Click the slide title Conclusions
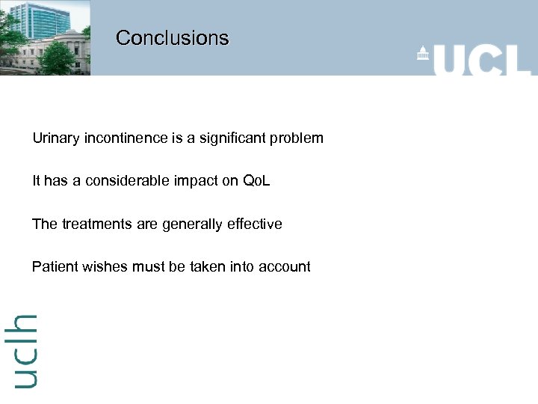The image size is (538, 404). (x=172, y=37)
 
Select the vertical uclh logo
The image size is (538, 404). (x=25, y=350)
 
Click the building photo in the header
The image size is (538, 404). (x=45, y=37)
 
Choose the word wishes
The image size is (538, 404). (x=104, y=266)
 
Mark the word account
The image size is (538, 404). (x=284, y=266)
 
